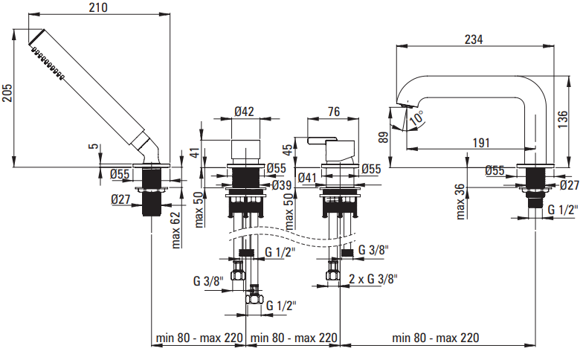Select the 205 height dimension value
tap(7, 93)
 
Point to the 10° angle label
tap(417, 117)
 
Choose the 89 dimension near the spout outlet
tap(383, 136)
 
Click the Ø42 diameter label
tap(245, 112)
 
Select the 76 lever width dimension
tap(334, 112)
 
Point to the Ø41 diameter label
tap(308, 178)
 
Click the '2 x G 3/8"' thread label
tap(373, 280)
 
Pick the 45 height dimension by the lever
tap(289, 152)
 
